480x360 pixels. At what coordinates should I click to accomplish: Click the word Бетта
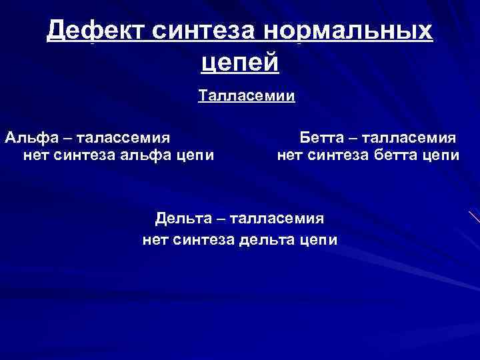pos(322,138)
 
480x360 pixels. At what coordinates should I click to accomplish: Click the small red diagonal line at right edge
pos(474,216)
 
